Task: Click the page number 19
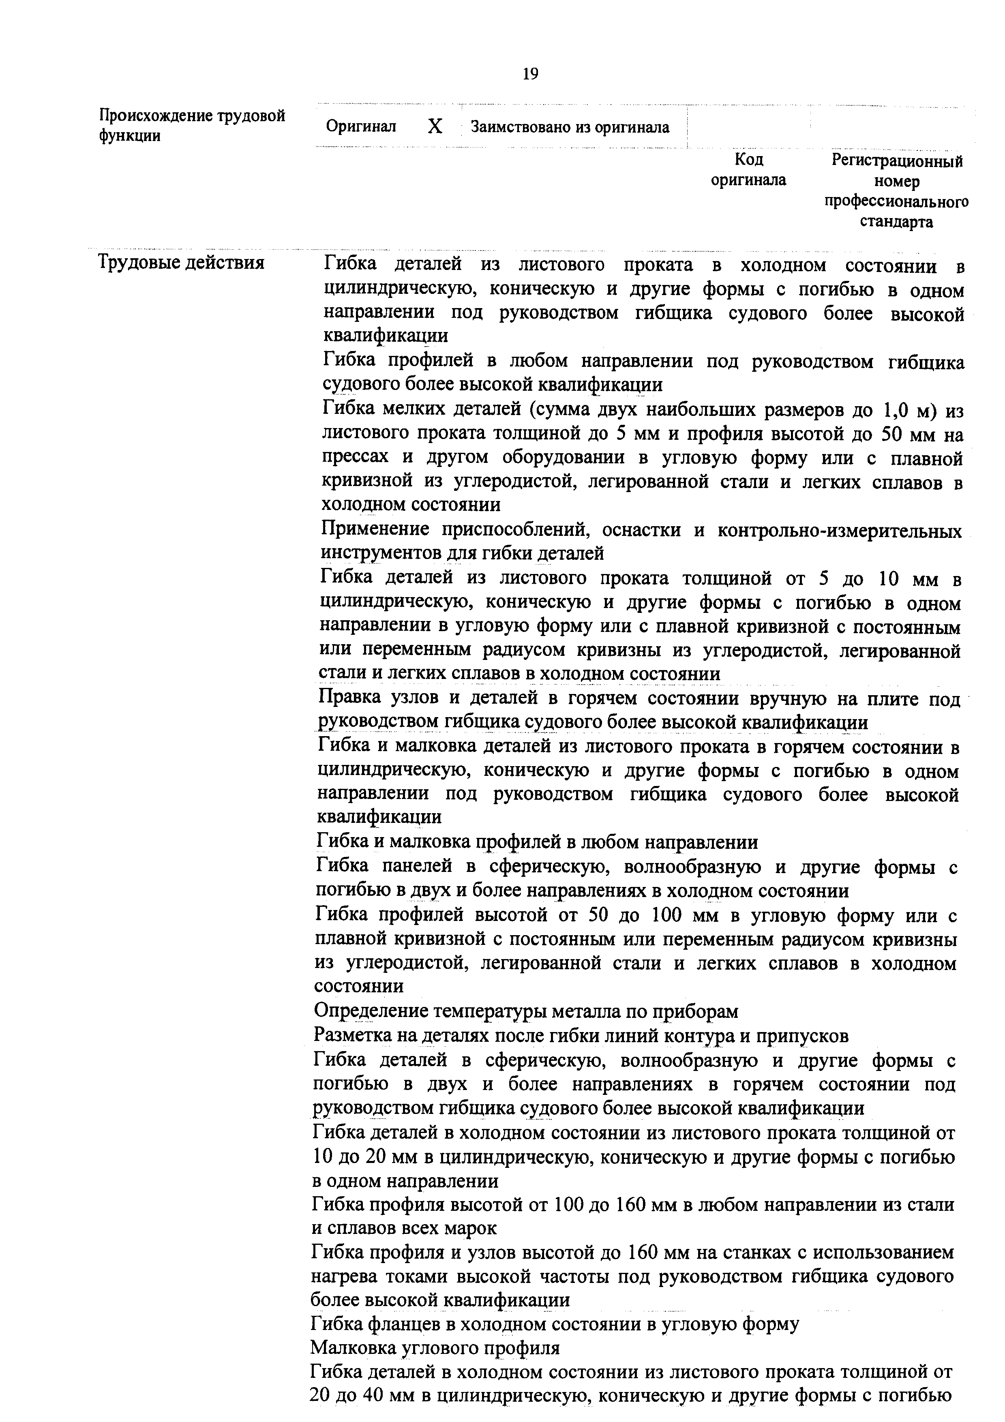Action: click(x=531, y=74)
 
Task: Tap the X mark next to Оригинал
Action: click(x=435, y=127)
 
